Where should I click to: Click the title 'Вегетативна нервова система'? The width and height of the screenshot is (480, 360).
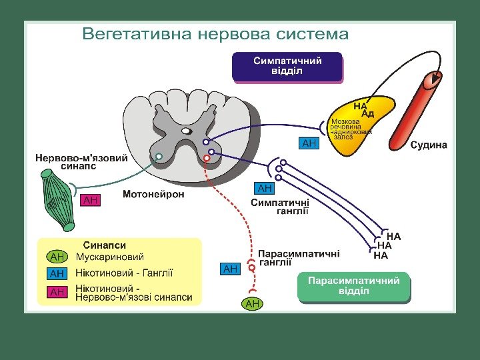[215, 34]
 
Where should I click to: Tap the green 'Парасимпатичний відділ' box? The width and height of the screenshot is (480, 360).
[353, 287]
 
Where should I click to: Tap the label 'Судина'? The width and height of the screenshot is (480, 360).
[429, 145]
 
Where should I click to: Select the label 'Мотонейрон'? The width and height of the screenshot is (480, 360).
[153, 195]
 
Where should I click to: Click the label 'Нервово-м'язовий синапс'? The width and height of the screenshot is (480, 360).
[81, 162]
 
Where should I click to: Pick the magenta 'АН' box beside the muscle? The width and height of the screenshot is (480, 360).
[91, 199]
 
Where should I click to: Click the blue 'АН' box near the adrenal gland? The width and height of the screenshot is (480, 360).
[309, 143]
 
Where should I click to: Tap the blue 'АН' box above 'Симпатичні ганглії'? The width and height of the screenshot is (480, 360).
[265, 189]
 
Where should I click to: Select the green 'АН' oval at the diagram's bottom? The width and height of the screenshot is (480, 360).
[253, 304]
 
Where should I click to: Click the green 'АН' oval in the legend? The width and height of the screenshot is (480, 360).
[57, 257]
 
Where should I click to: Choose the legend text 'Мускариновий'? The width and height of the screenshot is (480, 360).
[110, 257]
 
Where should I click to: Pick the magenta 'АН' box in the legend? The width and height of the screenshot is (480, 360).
[57, 292]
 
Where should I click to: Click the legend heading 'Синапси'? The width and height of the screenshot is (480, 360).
[104, 245]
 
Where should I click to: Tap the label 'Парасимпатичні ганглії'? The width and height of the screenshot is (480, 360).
[299, 258]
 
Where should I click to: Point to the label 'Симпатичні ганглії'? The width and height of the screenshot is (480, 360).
[280, 207]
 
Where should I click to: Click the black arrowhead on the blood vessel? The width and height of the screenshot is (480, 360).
[435, 79]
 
